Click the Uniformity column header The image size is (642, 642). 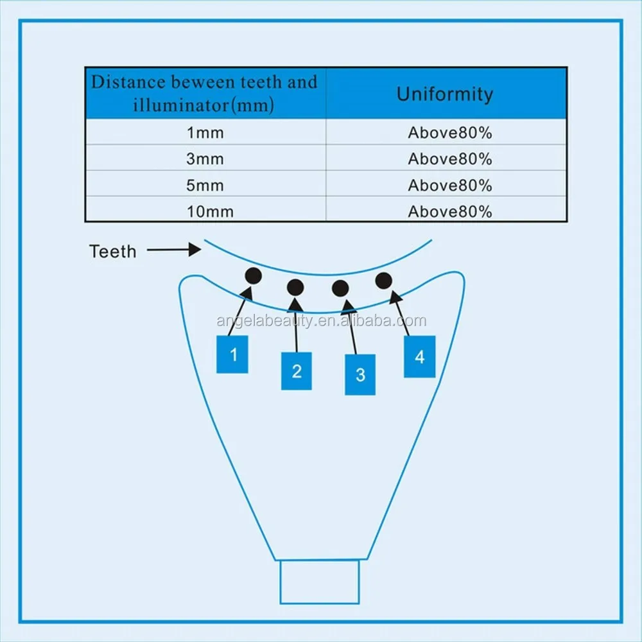[x=445, y=94]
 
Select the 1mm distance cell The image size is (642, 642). [x=205, y=133]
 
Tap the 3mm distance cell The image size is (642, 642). [x=205, y=159]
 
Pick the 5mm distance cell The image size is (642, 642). [x=205, y=186]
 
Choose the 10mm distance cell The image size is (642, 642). [x=210, y=212]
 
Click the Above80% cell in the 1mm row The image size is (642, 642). [x=450, y=133]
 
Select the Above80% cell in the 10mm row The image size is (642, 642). [x=450, y=212]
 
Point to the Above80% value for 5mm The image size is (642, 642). [x=450, y=186]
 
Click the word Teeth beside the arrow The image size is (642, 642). [x=112, y=252]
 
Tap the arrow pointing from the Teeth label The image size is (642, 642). [x=174, y=249]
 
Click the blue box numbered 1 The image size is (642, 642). [x=232, y=354]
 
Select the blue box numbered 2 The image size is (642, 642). [x=297, y=371]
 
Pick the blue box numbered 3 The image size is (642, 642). [x=360, y=375]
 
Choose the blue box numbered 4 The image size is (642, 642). [x=420, y=356]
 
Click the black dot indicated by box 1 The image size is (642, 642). [x=254, y=276]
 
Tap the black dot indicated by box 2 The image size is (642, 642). [x=295, y=288]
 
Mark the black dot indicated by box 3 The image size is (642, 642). [x=340, y=289]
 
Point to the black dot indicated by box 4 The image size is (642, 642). [x=384, y=281]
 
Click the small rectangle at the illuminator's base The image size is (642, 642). [x=320, y=582]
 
